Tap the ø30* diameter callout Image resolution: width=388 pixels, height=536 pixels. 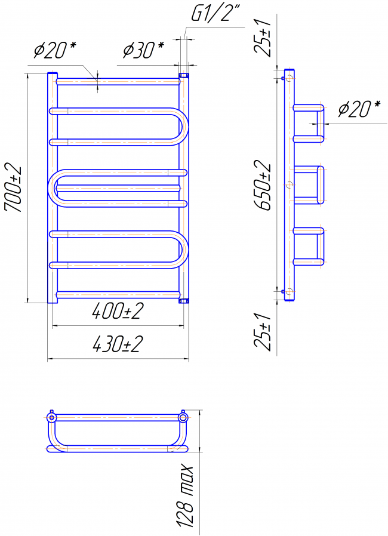point(144,50)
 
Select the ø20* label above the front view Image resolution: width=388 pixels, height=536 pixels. point(55,50)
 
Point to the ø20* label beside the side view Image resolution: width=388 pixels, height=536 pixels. point(359,109)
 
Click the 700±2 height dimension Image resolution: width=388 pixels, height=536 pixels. point(13,189)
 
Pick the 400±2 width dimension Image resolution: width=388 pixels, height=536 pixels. point(116,312)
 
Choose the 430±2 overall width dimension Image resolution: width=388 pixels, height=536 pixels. point(116,344)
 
